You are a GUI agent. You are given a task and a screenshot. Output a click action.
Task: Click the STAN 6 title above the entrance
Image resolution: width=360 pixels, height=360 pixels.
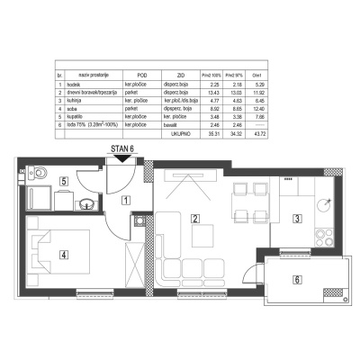pos(121,151)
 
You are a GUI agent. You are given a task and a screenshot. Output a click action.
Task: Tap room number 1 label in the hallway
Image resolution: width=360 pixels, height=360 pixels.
pos(127,199)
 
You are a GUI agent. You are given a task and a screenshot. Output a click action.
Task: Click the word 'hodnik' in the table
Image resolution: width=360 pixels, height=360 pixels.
pos(75,82)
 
